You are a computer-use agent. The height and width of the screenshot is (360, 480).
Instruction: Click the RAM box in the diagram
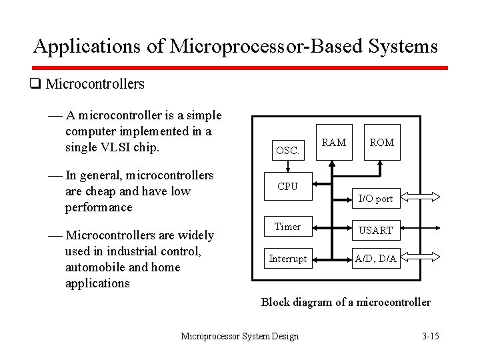(x=333, y=143)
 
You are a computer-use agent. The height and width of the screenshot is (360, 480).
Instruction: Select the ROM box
(x=381, y=143)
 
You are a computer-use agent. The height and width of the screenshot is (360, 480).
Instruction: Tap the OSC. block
(x=287, y=151)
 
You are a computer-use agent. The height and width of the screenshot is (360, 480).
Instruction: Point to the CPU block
(x=287, y=187)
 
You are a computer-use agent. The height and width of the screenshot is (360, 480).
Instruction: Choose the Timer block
(x=287, y=227)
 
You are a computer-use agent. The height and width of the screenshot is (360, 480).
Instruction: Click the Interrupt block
(x=287, y=259)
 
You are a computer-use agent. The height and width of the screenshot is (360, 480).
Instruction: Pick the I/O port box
(x=375, y=198)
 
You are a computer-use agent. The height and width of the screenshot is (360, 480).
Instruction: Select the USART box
(x=375, y=230)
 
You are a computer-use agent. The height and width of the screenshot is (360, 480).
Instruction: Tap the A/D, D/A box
(x=375, y=259)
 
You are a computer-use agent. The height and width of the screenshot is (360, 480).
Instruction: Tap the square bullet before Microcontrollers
(x=35, y=84)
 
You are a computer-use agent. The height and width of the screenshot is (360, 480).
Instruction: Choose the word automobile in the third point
(x=94, y=267)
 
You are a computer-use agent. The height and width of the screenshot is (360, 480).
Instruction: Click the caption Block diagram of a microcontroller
(x=345, y=302)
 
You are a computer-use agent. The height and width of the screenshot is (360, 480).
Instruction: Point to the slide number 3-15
(x=431, y=336)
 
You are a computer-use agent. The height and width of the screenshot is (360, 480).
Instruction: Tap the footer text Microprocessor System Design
(x=240, y=336)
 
